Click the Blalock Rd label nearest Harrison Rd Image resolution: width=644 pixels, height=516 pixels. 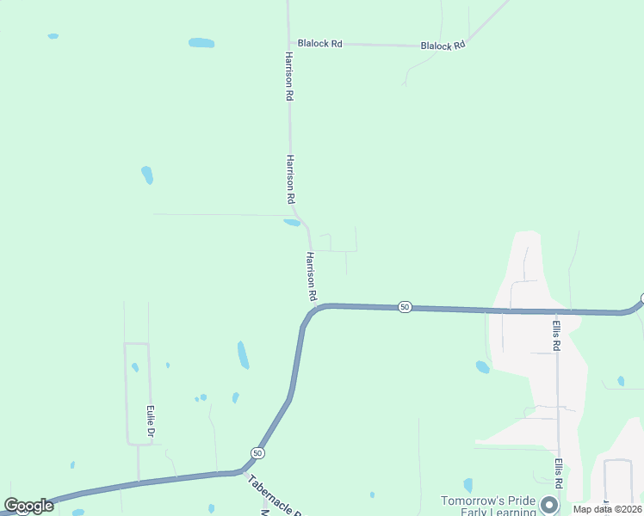point(319,42)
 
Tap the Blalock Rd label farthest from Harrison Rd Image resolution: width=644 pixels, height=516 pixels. point(443,46)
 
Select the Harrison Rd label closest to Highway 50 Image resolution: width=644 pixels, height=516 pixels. point(312,276)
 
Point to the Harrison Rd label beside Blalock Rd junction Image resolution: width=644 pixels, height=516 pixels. point(289,77)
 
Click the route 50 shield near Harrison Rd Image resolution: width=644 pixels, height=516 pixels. point(406,307)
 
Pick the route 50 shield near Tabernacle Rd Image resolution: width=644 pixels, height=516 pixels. point(257,452)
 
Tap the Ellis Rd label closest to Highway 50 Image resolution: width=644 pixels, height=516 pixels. point(557,335)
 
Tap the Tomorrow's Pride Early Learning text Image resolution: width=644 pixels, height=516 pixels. point(488,507)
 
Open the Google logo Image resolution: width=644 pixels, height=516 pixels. point(28,506)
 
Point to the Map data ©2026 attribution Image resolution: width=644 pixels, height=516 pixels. point(606,509)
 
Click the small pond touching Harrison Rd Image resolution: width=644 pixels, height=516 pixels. point(292,223)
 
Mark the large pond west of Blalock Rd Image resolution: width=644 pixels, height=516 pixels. point(201,43)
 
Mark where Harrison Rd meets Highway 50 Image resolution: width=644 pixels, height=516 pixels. point(320,305)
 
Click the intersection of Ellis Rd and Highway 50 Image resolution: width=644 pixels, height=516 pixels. point(556,311)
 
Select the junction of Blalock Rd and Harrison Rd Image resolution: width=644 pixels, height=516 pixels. point(289,41)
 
